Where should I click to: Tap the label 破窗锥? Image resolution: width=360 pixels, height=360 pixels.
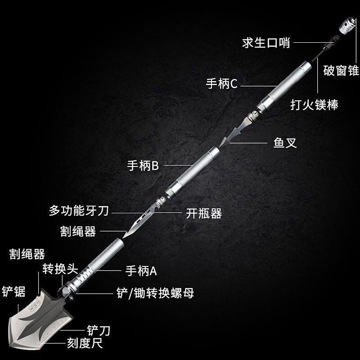(x=341, y=71)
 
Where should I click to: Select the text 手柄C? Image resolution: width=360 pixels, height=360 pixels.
(x=222, y=84)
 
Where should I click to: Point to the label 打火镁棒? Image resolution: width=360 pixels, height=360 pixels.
(x=314, y=105)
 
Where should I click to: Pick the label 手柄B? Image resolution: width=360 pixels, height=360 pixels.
(x=143, y=166)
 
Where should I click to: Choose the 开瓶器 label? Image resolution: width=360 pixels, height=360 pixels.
(x=204, y=213)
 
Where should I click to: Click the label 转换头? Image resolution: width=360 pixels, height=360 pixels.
(x=60, y=269)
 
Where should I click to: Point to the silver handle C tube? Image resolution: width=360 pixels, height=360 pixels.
(x=288, y=83)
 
